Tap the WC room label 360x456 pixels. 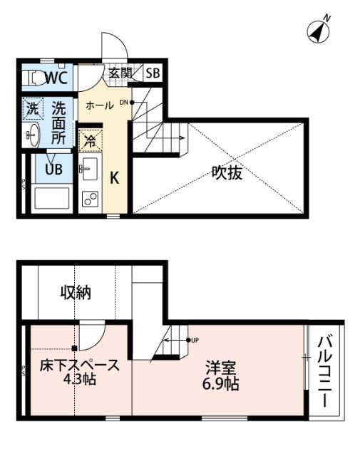pyautogui.click(x=56, y=78)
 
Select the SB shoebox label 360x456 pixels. pyautogui.click(x=153, y=73)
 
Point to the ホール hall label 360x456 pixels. pyautogui.click(x=99, y=105)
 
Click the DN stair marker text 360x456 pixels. pyautogui.click(x=123, y=102)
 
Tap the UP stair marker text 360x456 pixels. pyautogui.click(x=195, y=339)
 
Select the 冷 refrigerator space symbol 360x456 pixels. pyautogui.click(x=90, y=140)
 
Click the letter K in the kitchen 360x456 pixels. pyautogui.click(x=113, y=178)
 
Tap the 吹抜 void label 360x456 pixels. pyautogui.click(x=227, y=173)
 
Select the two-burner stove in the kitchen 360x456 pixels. pyautogui.click(x=90, y=197)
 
